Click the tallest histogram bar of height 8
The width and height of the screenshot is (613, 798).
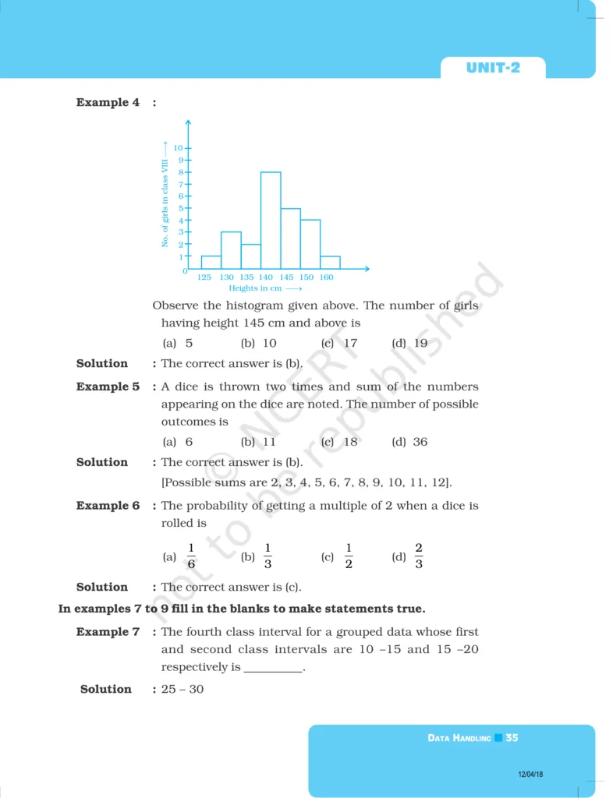(x=271, y=221)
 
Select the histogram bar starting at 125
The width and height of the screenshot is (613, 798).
(x=211, y=263)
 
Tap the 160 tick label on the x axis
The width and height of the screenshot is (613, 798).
(x=326, y=277)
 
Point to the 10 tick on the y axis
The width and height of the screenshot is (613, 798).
(x=179, y=147)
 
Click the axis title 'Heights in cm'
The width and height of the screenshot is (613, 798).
(x=255, y=288)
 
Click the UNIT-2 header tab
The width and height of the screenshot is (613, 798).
(x=493, y=68)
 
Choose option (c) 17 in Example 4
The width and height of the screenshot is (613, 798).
(x=339, y=343)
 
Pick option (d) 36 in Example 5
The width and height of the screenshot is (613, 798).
(x=410, y=442)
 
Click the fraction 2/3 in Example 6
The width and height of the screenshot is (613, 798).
(x=419, y=556)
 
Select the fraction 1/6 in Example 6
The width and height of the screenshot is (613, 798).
(x=191, y=556)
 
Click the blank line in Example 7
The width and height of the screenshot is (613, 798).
(x=273, y=669)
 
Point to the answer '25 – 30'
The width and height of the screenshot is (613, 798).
(x=182, y=689)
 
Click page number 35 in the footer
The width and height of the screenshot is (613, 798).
(x=512, y=737)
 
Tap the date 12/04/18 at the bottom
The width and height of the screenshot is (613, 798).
(x=530, y=775)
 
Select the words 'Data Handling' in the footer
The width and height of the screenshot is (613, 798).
(x=459, y=738)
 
